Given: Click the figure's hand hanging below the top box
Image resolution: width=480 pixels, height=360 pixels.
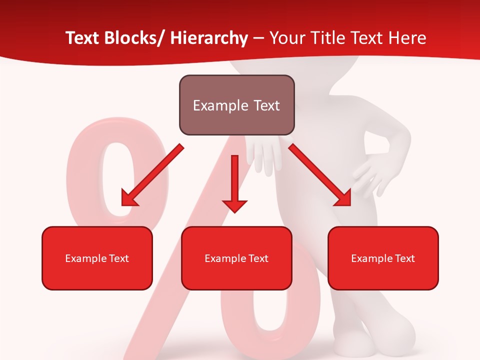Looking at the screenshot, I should [x=264, y=155].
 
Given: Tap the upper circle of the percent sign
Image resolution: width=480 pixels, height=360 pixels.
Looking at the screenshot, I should [x=116, y=175].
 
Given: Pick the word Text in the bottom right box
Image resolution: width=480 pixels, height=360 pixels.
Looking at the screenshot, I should [x=404, y=258].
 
